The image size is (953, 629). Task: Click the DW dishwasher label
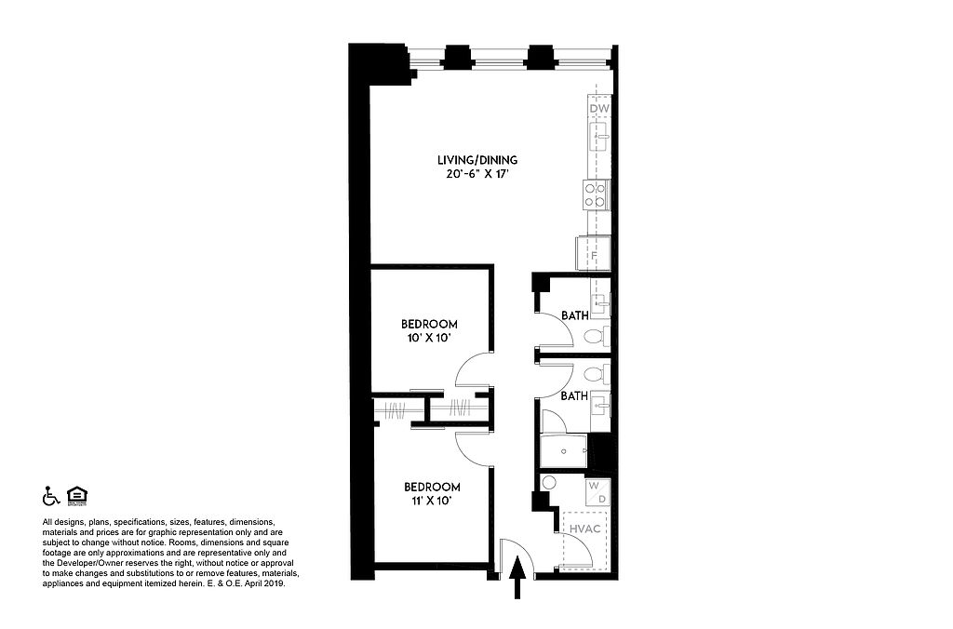point(599,109)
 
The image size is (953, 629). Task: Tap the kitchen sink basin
point(598,137)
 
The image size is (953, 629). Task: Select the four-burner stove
point(596,194)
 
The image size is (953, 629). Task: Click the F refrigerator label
point(594,256)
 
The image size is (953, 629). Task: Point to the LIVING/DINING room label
point(477,160)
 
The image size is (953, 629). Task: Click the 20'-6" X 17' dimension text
point(476,175)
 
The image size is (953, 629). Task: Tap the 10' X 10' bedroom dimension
point(428,338)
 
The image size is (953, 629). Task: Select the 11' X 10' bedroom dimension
point(432,502)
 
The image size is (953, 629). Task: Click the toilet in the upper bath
point(597,335)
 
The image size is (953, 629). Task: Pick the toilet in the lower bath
point(597,374)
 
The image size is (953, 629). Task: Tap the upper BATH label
point(574,315)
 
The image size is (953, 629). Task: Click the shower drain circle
point(563,451)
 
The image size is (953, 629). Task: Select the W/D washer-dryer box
point(597,492)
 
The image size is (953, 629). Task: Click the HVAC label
point(584,529)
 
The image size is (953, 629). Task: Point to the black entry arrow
point(517,578)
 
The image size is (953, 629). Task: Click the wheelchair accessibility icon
point(50,497)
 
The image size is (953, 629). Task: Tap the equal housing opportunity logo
point(77,496)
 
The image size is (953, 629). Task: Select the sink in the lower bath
point(601,404)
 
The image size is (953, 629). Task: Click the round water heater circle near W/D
point(549,483)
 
